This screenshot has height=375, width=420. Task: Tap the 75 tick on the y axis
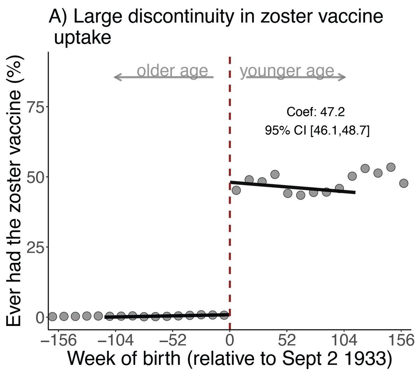coord(36,107)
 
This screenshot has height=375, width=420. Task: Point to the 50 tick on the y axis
coord(36,177)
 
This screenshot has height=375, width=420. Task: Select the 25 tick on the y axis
coord(36,247)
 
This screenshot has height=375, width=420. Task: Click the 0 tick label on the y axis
coord(41,317)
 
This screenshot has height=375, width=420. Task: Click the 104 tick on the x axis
coord(344,340)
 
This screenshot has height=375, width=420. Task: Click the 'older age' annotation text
coord(172,71)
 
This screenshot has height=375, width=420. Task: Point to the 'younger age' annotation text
coord(287,71)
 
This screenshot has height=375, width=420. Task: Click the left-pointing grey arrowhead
coord(117,77)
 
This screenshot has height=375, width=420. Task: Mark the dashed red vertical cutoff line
coord(230,210)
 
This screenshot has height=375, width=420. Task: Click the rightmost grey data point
coord(404,183)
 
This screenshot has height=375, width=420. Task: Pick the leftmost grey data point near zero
coord(52,317)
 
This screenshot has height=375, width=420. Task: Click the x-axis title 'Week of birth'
coord(229,359)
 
